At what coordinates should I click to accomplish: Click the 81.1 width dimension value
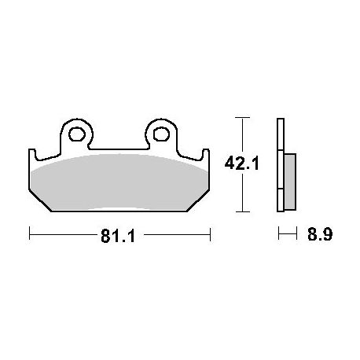click(118, 236)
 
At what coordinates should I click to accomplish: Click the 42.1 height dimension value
click(241, 164)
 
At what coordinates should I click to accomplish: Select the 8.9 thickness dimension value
click(320, 234)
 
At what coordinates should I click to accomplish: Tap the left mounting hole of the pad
click(77, 134)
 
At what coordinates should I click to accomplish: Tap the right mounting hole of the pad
click(161, 134)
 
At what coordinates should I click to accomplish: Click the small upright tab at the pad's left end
click(32, 155)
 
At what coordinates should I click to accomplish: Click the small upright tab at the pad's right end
click(205, 155)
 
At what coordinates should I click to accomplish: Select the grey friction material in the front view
click(119, 182)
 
